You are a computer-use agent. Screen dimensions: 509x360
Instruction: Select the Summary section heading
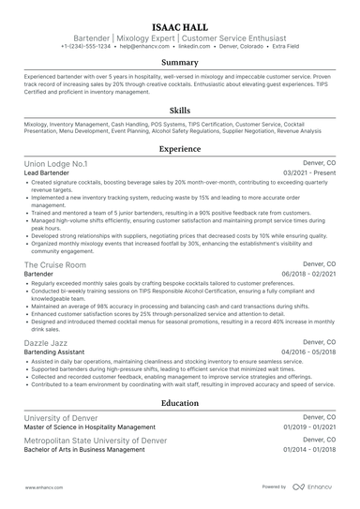tap(179, 63)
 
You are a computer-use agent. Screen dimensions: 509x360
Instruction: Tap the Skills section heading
tap(179, 110)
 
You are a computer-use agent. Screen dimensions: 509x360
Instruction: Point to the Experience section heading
tap(179, 148)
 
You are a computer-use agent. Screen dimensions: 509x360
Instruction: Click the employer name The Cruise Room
tap(55, 265)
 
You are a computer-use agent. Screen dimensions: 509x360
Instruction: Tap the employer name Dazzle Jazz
tap(48, 347)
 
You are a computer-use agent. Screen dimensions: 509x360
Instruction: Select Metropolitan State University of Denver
tap(95, 440)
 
